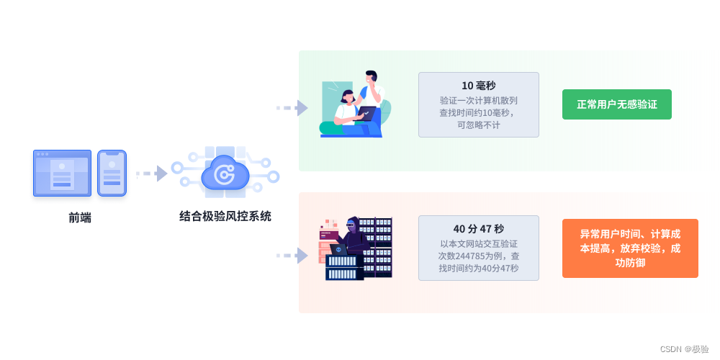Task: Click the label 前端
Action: (80, 217)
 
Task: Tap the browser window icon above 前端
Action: (62, 173)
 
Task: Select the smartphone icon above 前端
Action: (112, 173)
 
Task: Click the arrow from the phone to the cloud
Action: (151, 174)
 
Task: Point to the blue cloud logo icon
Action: (225, 175)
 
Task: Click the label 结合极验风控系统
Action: (225, 216)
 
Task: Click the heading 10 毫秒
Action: (478, 85)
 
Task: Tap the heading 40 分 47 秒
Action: (478, 229)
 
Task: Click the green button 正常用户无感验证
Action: (616, 104)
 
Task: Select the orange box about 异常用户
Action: (630, 248)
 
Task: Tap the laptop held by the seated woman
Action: (367, 112)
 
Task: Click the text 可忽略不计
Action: (478, 125)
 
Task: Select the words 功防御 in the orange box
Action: (630, 263)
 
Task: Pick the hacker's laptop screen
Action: (338, 249)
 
